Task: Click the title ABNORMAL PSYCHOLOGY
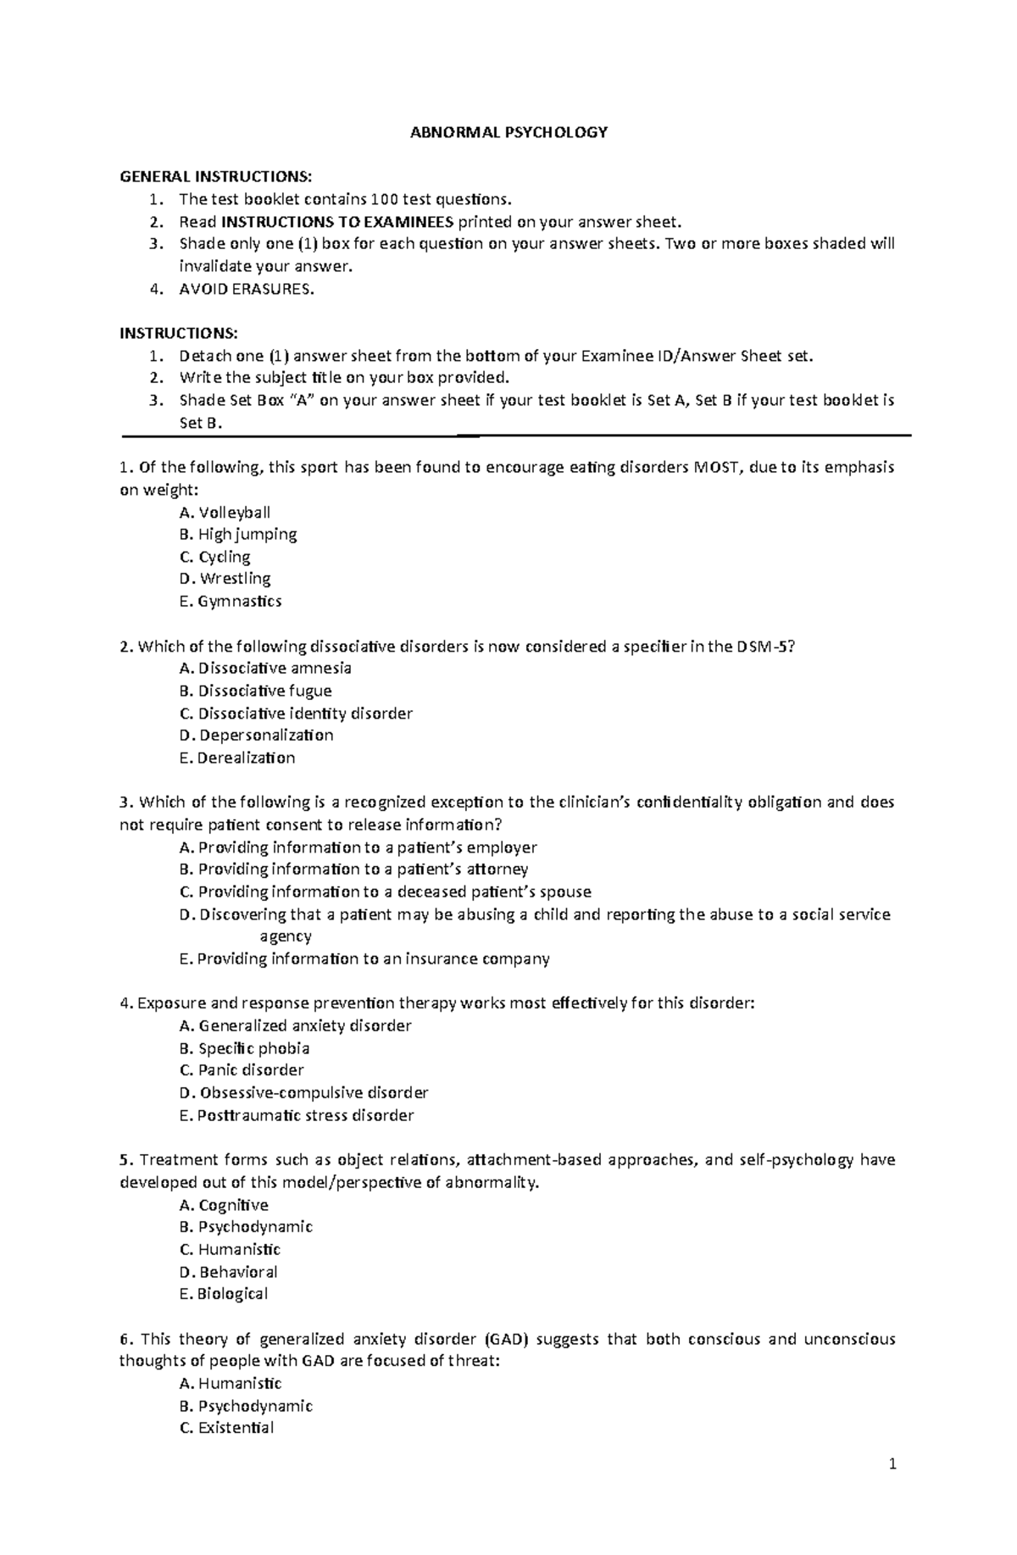point(508,132)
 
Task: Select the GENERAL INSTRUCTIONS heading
point(215,176)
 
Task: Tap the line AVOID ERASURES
point(246,289)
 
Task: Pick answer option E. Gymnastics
point(231,601)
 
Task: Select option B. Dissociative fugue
point(255,691)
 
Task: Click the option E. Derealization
point(237,758)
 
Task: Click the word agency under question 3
point(286,936)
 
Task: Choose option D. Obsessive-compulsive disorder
point(303,1092)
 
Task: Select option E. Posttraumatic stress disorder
point(297,1115)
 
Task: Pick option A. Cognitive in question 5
point(224,1205)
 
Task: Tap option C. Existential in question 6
point(226,1428)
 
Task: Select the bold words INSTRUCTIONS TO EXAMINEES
point(337,222)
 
